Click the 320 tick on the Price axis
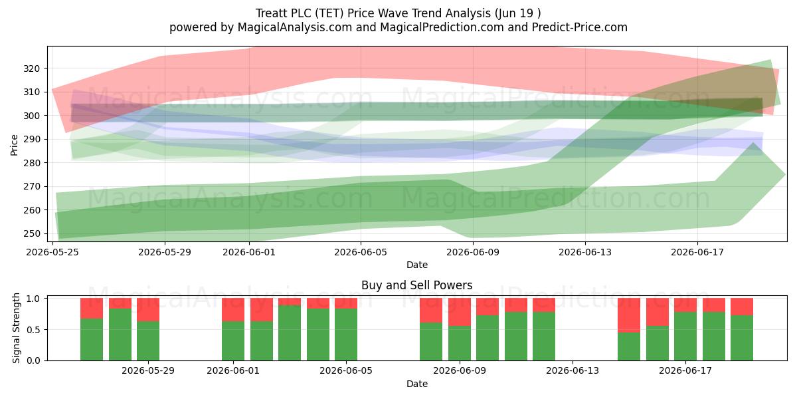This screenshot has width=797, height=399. pos(31,68)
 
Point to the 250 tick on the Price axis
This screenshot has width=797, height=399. pos(31,233)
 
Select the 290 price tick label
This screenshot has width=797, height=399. pos(31,139)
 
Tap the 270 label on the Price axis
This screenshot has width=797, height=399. pos(31,186)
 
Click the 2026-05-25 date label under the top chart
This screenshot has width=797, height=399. pos(52,252)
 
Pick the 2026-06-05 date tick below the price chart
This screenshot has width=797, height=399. pos(361,252)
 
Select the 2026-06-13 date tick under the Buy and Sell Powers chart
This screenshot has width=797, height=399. pos(573,371)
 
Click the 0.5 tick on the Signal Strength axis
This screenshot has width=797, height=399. pos(34,330)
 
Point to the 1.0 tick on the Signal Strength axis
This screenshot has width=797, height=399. pos(34,299)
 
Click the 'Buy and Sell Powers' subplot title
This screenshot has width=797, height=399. pos(416,285)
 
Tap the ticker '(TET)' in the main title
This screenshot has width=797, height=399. pos(329,13)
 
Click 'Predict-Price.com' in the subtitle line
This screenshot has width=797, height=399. pos(580,27)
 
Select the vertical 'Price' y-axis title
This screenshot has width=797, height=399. pos(14,145)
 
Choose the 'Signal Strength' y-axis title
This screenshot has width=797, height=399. pos(16,328)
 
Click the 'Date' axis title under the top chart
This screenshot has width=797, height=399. pos(417,265)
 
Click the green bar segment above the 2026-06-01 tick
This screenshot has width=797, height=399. pos(233,341)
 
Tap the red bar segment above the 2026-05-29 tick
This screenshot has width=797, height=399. pos(148,310)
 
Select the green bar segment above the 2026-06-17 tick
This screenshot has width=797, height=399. pos(685,336)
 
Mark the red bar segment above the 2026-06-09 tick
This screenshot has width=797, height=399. pos(460,312)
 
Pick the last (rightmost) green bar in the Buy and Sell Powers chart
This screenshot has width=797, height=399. pos(742,338)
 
